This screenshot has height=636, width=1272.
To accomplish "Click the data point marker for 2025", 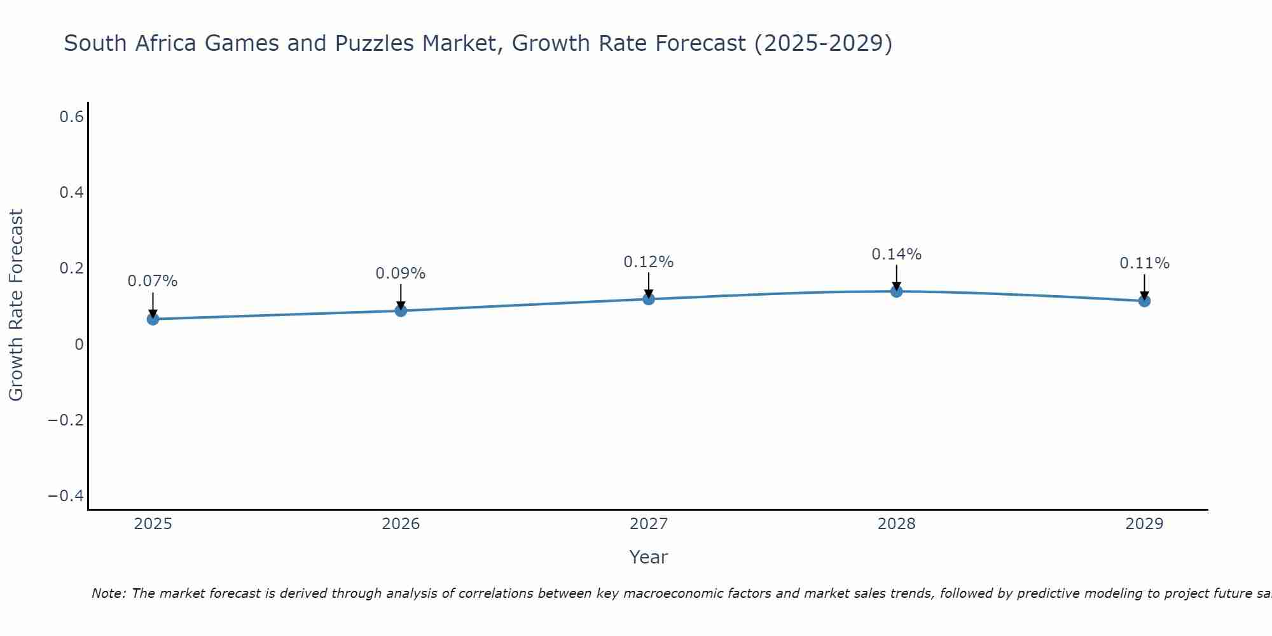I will pyautogui.click(x=153, y=319).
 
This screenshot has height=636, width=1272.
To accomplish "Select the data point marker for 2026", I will pyautogui.click(x=401, y=310).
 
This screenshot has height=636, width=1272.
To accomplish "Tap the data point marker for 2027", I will pyautogui.click(x=649, y=299).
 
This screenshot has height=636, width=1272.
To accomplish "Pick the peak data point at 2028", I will pyautogui.click(x=897, y=291).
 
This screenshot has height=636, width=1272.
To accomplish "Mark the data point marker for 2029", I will pyautogui.click(x=1144, y=301).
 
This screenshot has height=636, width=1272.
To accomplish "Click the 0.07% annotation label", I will pyautogui.click(x=153, y=281).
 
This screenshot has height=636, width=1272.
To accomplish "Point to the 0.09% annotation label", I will pyautogui.click(x=401, y=273).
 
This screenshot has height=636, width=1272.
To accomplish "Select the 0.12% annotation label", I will pyautogui.click(x=649, y=262).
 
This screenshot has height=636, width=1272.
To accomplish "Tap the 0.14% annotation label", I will pyautogui.click(x=897, y=254).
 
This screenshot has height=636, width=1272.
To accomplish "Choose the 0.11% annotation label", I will pyautogui.click(x=1144, y=263).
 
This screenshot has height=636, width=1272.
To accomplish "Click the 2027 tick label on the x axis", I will pyautogui.click(x=649, y=524).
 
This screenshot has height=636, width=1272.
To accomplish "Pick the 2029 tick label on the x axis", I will pyautogui.click(x=1144, y=524).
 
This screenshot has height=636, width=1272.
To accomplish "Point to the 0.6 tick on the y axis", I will pyautogui.click(x=72, y=117).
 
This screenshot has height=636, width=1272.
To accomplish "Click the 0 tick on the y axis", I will pyautogui.click(x=79, y=344).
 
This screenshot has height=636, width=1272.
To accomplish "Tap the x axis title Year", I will pyautogui.click(x=649, y=557).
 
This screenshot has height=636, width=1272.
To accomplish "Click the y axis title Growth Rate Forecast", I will pyautogui.click(x=16, y=305).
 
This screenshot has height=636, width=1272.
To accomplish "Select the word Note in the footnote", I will pyautogui.click(x=108, y=593).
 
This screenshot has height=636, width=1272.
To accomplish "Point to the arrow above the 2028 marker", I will pyautogui.click(x=897, y=277).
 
